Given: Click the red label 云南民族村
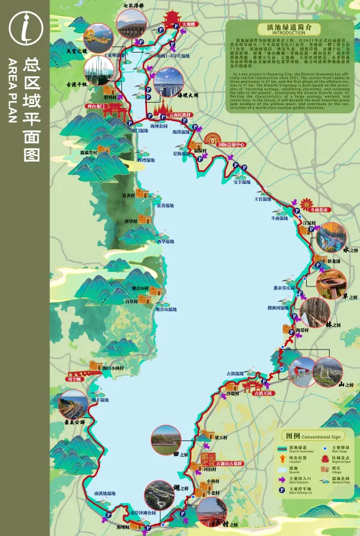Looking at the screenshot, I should pyautogui.click(x=184, y=115).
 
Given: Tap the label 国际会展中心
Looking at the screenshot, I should pyautogui.click(x=232, y=146).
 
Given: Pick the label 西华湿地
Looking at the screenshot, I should pyautogui.click(x=166, y=242).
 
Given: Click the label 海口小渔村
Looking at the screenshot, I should pyautogui.click(x=112, y=369).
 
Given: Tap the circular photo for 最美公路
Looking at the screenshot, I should pyautogui.click(x=72, y=405).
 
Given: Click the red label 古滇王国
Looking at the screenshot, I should pyautogui.click(x=262, y=394).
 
